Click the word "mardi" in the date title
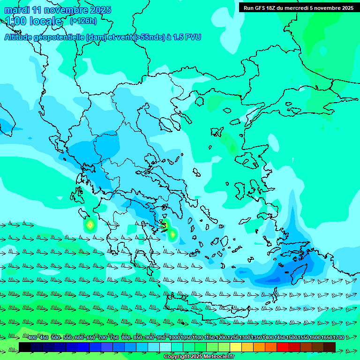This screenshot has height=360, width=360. tap(17, 10)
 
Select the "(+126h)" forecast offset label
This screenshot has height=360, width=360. tap(83, 21)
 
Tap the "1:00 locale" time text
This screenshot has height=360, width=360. tap(34, 21)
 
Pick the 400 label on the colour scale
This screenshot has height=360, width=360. tap(32, 338)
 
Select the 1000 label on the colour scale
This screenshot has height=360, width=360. tap(174, 338)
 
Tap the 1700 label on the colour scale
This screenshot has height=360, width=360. tap(326, 338)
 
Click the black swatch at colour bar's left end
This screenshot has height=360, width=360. tap(25, 347)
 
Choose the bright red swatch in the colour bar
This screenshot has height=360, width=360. tap(283, 347)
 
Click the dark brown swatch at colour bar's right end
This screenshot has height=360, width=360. tap(330, 347)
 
